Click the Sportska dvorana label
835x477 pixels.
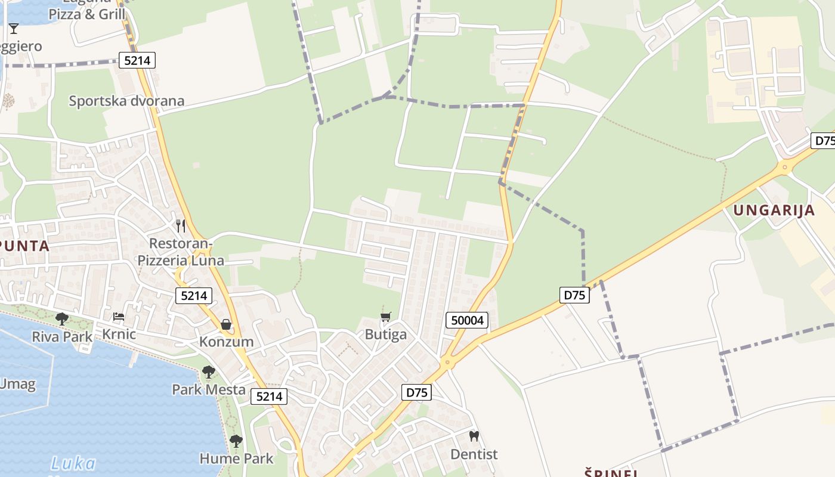click(x=126, y=101)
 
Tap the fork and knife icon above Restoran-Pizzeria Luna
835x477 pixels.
click(x=181, y=226)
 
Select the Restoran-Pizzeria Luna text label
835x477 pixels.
click(x=181, y=252)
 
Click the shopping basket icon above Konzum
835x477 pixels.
click(x=226, y=324)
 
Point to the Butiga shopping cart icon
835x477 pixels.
click(x=386, y=317)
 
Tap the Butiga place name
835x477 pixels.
click(x=386, y=334)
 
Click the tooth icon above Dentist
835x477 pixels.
click(x=474, y=436)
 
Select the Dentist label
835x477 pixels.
click(x=474, y=454)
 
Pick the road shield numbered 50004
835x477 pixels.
click(x=467, y=321)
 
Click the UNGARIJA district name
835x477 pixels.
click(x=774, y=210)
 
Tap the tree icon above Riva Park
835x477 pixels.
click(x=62, y=319)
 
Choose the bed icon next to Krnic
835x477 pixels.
click(x=119, y=317)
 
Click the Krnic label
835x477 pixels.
click(x=119, y=334)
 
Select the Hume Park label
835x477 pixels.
click(x=236, y=459)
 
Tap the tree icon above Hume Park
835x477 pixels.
click(x=236, y=441)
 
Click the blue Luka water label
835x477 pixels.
click(x=73, y=463)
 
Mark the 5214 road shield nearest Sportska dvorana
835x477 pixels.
click(x=137, y=60)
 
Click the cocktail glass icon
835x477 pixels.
click(x=14, y=28)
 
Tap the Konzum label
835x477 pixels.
click(x=227, y=342)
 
